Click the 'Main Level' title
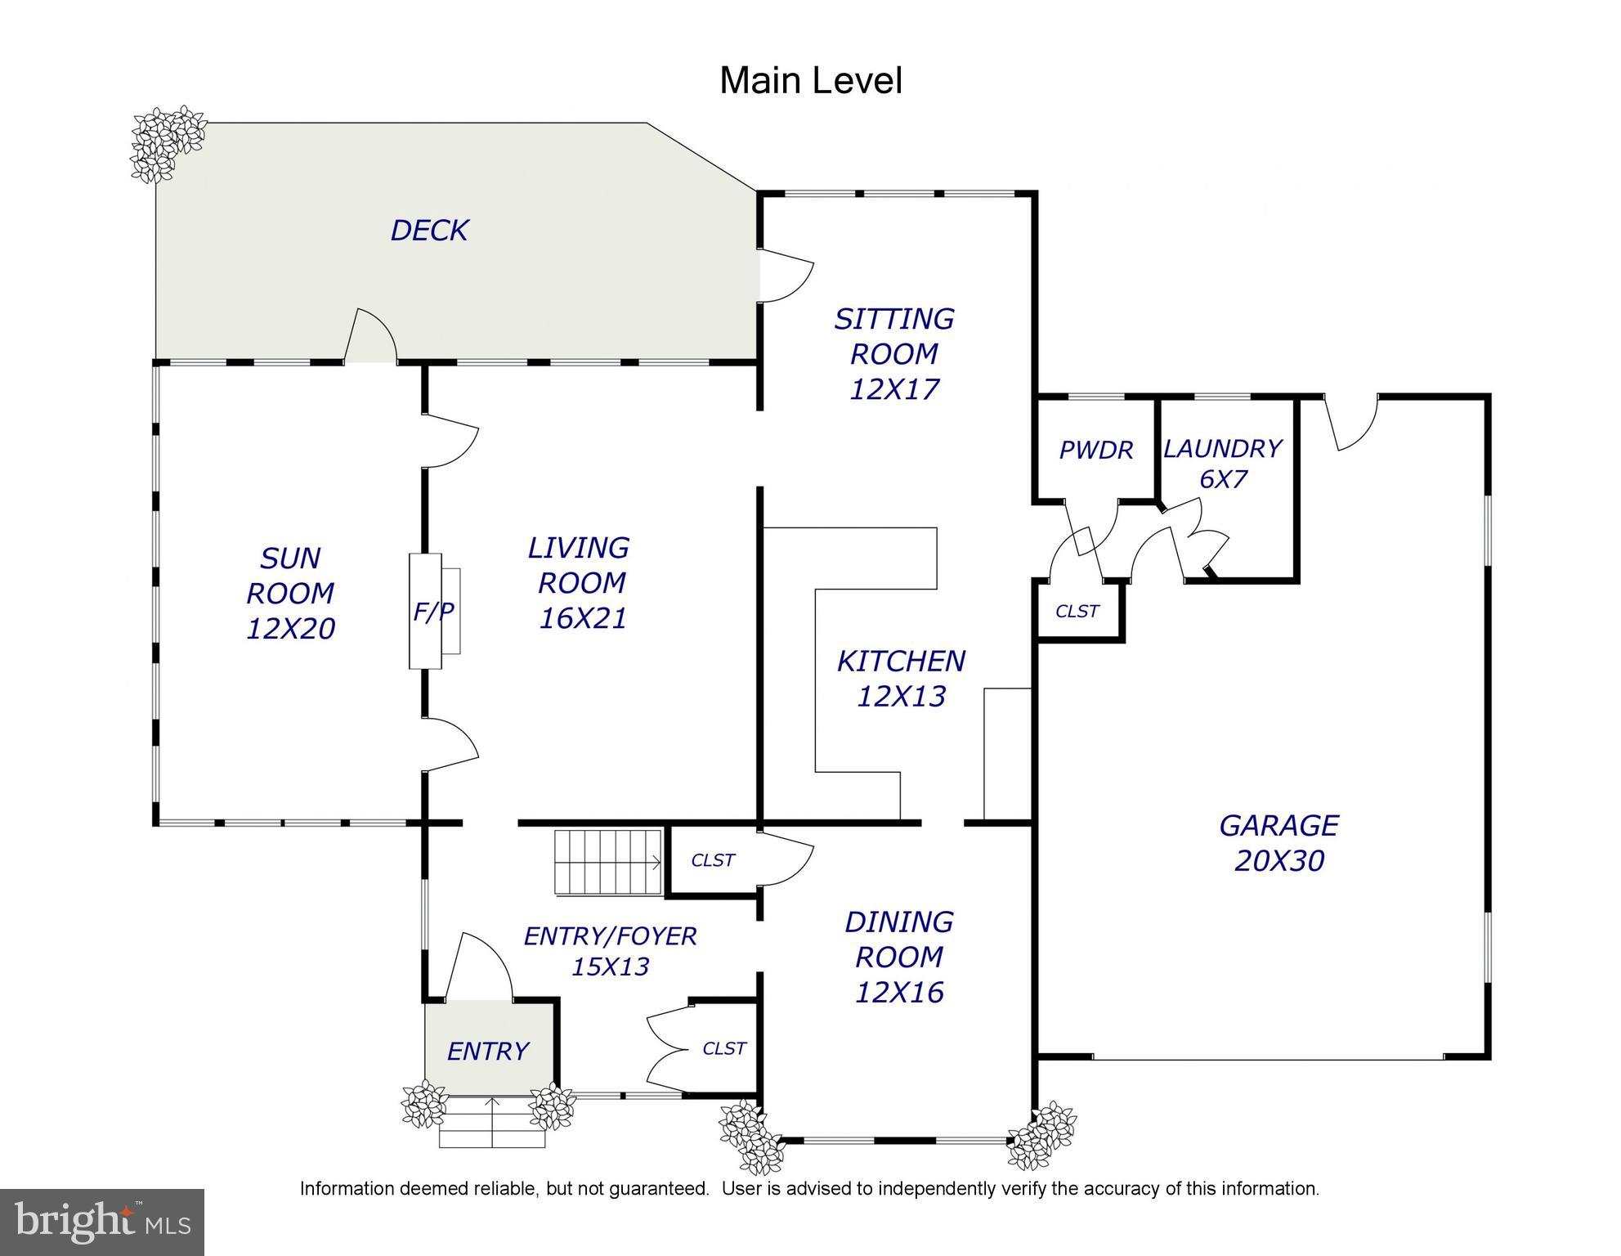pyautogui.click(x=811, y=81)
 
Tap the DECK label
pyautogui.click(x=429, y=231)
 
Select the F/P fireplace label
pyautogui.click(x=433, y=611)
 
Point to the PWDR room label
pyautogui.click(x=1096, y=450)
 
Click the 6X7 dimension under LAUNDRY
pyautogui.click(x=1223, y=478)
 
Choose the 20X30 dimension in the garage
pyautogui.click(x=1278, y=861)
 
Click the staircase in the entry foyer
pyautogui.click(x=607, y=863)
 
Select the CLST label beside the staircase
pyautogui.click(x=713, y=860)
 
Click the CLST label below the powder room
pyautogui.click(x=1077, y=611)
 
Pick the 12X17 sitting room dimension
pyautogui.click(x=894, y=389)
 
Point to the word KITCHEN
pyautogui.click(x=901, y=661)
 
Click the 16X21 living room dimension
pyautogui.click(x=582, y=618)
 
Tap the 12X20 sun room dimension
pyautogui.click(x=290, y=629)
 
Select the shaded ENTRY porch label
pyautogui.click(x=488, y=1051)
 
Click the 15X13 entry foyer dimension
pyautogui.click(x=610, y=967)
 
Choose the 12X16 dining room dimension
pyautogui.click(x=899, y=993)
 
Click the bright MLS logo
pyautogui.click(x=102, y=1222)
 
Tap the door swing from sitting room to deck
pyautogui.click(x=786, y=276)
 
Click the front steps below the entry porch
pyautogui.click(x=492, y=1123)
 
